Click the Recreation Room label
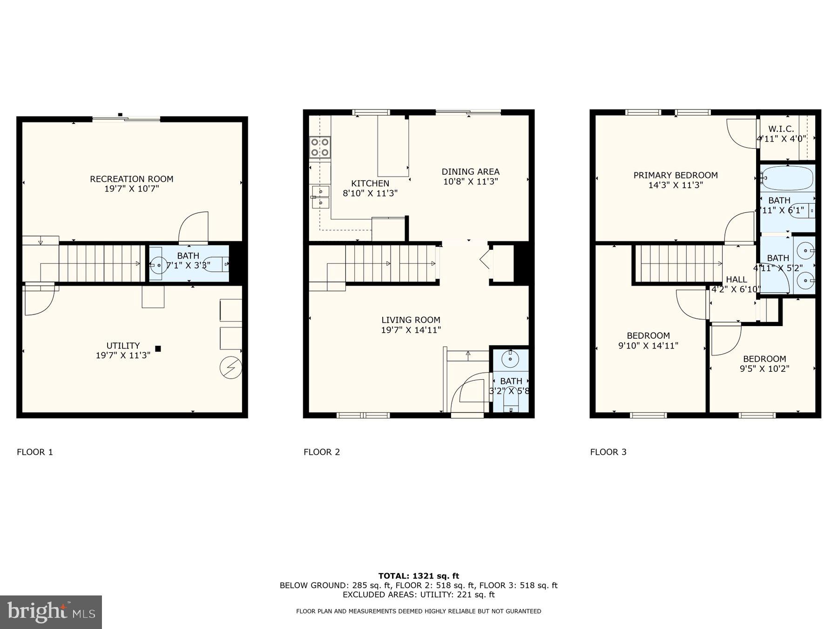click(x=131, y=179)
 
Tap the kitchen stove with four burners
click(x=320, y=147)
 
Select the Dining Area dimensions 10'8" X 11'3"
click(x=471, y=182)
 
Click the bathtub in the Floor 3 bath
click(x=788, y=178)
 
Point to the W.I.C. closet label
click(x=781, y=129)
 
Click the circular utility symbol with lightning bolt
click(x=231, y=368)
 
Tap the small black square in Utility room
click(x=158, y=349)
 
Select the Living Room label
click(x=411, y=320)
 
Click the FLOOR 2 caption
click(x=322, y=452)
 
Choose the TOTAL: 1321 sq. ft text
click(x=419, y=576)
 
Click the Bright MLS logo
click(x=51, y=612)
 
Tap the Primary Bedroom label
click(x=675, y=175)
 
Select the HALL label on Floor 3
click(x=736, y=280)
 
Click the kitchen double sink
click(x=320, y=197)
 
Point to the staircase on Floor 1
click(x=100, y=263)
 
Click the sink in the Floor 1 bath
click(x=158, y=265)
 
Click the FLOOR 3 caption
click(x=608, y=452)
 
